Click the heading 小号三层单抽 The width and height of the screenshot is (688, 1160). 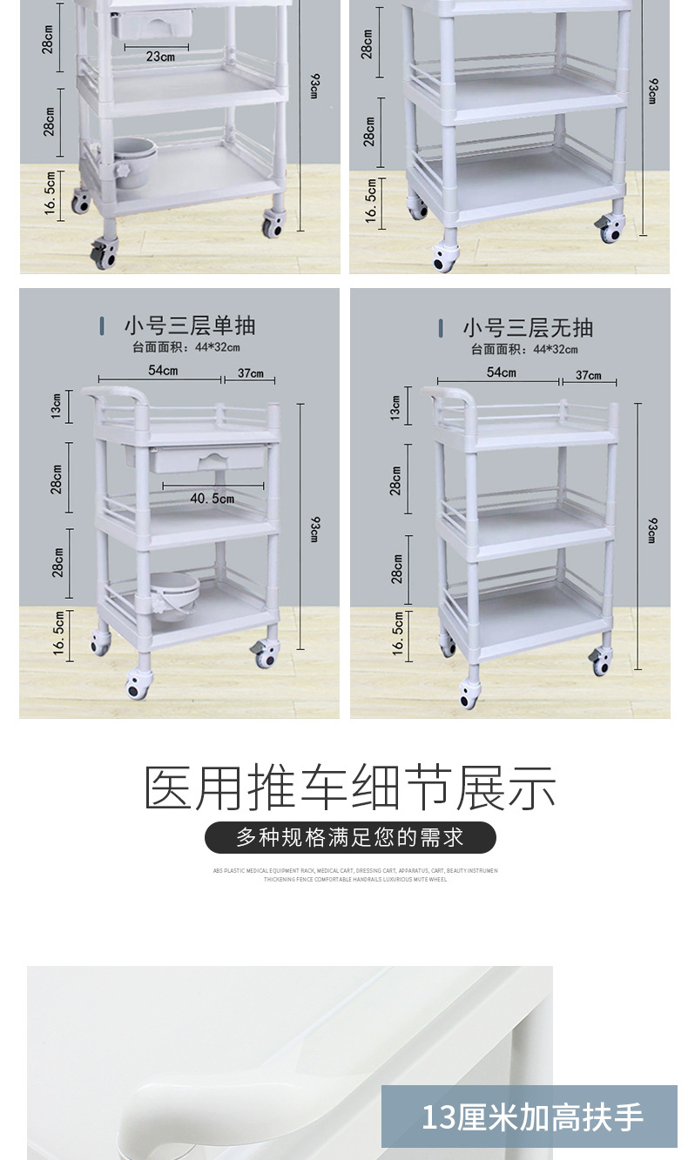pos(189,326)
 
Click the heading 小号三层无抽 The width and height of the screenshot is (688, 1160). pos(528,327)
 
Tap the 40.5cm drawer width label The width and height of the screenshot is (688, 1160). pos(212,499)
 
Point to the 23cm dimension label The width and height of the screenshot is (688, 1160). pos(160,57)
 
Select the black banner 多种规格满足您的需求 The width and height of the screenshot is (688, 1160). pos(350,838)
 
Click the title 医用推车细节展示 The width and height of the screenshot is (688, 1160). pos(350,788)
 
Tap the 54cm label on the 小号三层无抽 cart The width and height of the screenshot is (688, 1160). pos(501,372)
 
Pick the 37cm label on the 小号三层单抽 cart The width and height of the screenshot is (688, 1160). pos(251,373)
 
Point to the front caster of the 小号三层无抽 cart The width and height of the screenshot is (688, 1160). pos(470,693)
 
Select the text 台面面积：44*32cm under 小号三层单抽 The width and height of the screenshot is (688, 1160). pos(186,348)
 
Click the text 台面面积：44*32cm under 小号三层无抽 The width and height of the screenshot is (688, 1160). pos(524,349)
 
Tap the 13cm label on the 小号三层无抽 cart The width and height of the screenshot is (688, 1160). pos(396,406)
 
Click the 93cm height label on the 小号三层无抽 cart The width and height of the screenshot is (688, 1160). pos(652,530)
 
